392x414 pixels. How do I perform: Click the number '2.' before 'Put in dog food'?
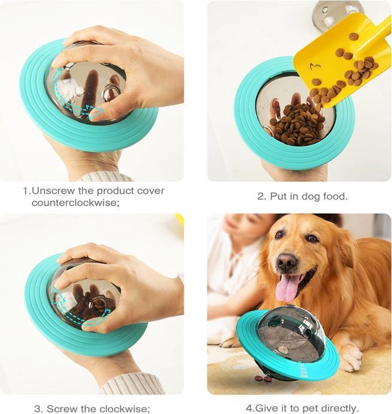[262, 197]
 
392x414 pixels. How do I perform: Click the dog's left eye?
[313, 239]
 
